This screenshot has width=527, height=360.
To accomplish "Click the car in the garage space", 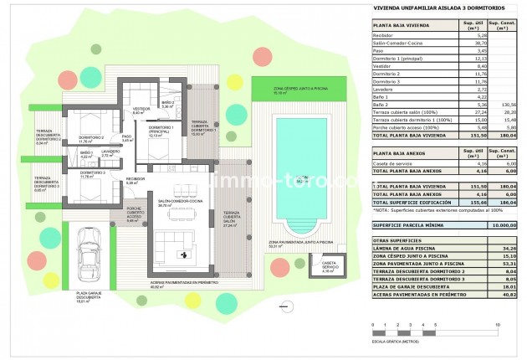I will pos(90,255).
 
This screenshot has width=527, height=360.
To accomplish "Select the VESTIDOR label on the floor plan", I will pos(141,108).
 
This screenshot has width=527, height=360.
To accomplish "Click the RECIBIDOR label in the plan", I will pos(136,179).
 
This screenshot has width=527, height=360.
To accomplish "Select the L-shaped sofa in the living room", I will pos(171,248).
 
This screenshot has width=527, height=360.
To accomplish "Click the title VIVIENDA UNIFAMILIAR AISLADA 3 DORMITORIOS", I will pos(427,9).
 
